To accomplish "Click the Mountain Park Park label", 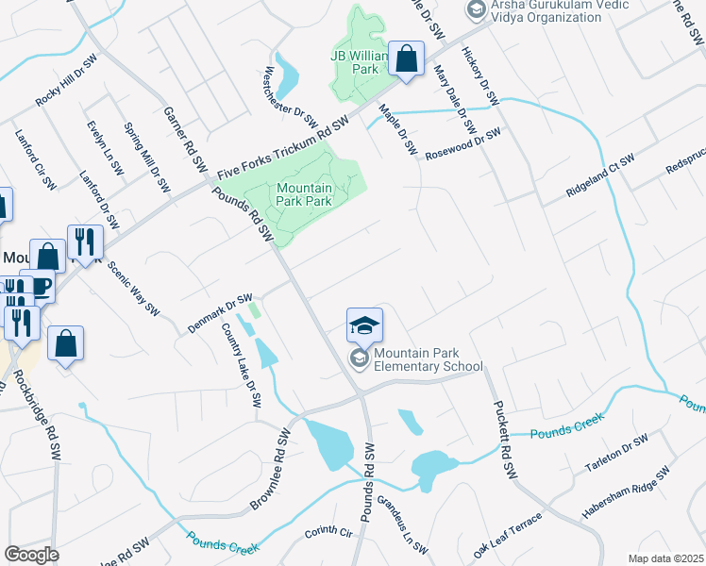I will [304, 194].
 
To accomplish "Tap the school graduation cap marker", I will [364, 326].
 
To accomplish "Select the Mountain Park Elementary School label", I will [428, 359].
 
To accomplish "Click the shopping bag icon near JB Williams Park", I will [406, 61].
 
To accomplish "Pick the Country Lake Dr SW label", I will [241, 366].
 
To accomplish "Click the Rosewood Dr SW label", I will [462, 145].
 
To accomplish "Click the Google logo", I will [31, 555].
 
